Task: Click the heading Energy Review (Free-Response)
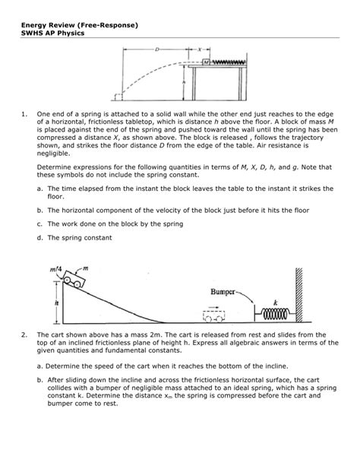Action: point(80,25)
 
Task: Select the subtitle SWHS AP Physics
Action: point(52,33)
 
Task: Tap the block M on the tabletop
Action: point(206,62)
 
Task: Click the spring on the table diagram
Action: point(228,62)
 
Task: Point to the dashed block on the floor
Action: point(118,97)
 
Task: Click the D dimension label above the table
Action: point(156,49)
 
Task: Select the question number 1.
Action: point(24,114)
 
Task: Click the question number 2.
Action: point(24,335)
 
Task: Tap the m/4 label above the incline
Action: point(56,269)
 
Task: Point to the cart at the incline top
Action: point(74,279)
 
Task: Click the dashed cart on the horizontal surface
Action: point(214,316)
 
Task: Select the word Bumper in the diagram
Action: point(223,292)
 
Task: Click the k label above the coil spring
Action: point(276,303)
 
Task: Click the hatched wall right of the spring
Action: point(298,295)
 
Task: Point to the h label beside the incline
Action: point(57,303)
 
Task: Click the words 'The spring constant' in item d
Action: point(80,238)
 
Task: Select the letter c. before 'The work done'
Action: point(39,224)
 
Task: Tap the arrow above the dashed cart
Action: point(213,308)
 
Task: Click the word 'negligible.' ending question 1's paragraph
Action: point(53,154)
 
